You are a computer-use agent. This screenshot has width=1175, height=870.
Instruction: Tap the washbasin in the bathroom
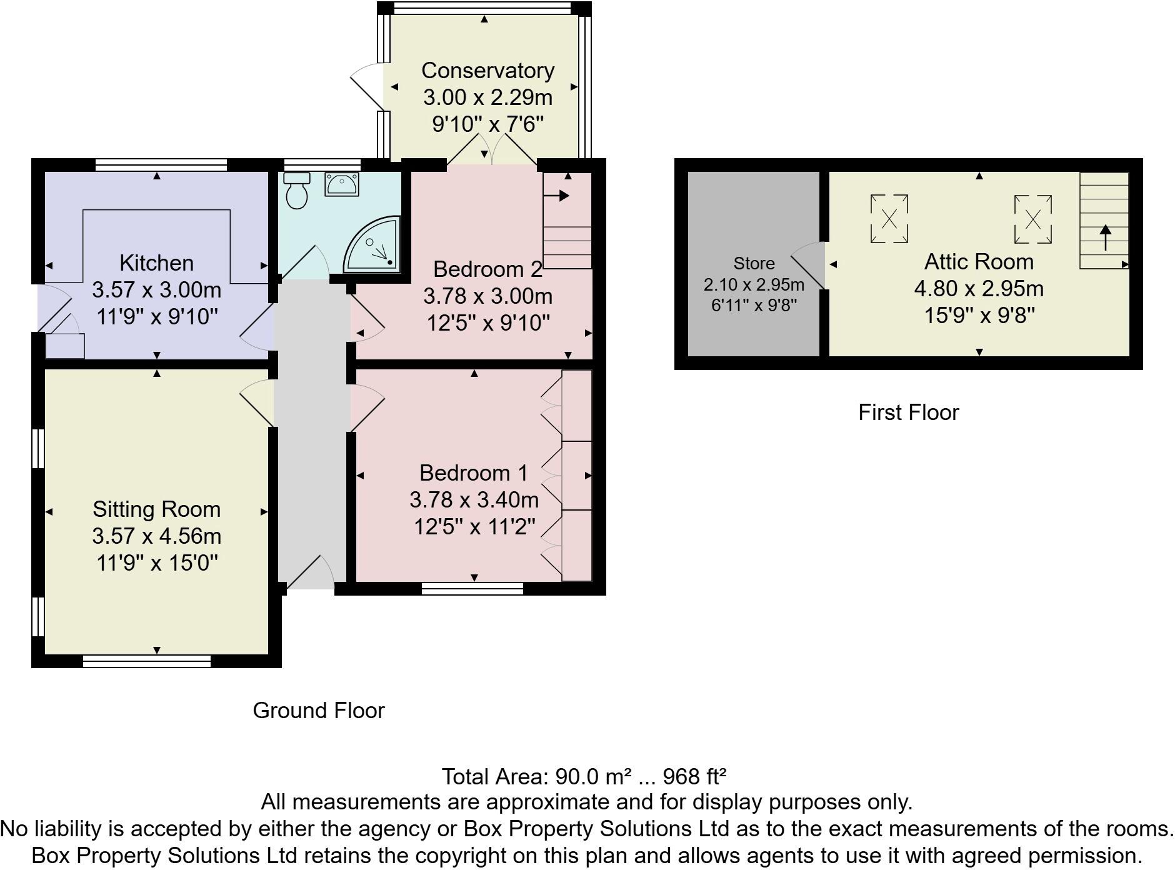341,184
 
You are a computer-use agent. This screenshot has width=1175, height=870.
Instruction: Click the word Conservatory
487,71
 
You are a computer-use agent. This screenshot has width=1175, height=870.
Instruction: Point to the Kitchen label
156,262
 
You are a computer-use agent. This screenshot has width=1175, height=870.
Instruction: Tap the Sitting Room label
156,509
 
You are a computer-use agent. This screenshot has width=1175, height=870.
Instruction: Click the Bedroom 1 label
474,473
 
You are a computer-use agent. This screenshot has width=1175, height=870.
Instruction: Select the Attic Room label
979,262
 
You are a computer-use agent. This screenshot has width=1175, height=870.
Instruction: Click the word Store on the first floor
754,263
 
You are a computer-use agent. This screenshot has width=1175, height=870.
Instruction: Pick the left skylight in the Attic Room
889,219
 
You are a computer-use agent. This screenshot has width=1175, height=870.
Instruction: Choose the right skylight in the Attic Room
1032,219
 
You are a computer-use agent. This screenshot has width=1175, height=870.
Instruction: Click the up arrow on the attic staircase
1105,237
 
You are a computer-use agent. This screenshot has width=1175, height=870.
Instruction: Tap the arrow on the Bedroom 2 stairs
556,196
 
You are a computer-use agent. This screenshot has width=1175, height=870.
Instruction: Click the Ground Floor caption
319,711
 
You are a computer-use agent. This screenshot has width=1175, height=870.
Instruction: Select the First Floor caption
908,412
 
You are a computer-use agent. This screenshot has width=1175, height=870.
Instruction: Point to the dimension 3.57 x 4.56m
156,536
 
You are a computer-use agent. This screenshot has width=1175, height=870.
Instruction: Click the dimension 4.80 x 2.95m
979,289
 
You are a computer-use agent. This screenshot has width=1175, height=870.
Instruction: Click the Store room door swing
809,265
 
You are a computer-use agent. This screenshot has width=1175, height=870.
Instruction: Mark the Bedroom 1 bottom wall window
472,588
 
